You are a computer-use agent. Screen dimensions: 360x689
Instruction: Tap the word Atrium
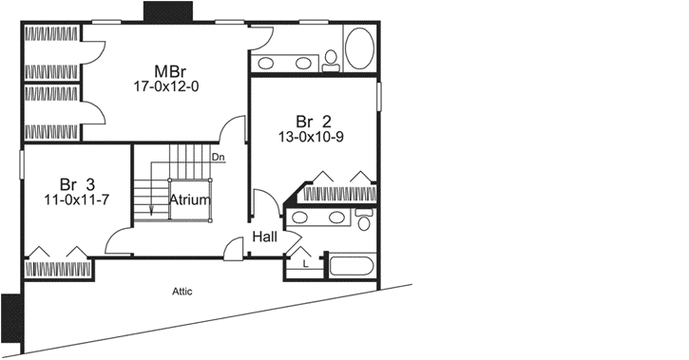[190, 200]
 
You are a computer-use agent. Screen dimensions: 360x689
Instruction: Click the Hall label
[265, 237]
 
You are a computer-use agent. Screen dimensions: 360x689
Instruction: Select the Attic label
[182, 291]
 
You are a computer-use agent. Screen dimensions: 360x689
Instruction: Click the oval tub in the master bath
[359, 47]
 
